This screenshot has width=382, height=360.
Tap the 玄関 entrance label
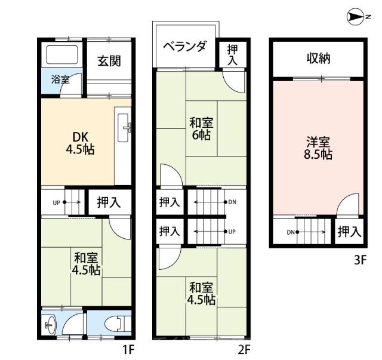(109, 61)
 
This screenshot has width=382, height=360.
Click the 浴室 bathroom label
(60, 79)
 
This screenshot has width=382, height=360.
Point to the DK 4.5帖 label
(81, 143)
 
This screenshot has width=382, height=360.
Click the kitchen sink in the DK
(124, 128)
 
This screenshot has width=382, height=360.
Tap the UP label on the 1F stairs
(56, 202)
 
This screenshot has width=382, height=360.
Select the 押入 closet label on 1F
(109, 202)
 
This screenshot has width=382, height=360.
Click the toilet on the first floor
(116, 324)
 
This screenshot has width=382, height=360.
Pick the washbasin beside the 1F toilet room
(51, 325)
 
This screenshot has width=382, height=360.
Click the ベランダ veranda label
(186, 47)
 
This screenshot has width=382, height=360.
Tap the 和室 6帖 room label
(202, 129)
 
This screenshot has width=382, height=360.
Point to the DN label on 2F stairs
(232, 202)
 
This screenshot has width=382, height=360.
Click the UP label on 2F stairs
(232, 232)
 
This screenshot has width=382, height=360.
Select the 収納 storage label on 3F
(318, 59)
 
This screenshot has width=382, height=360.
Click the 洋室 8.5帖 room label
(318, 148)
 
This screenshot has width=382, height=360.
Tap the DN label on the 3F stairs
(291, 232)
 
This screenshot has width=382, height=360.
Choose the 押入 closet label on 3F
(349, 232)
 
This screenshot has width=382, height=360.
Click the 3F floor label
(360, 260)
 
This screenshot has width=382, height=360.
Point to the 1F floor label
(128, 350)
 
